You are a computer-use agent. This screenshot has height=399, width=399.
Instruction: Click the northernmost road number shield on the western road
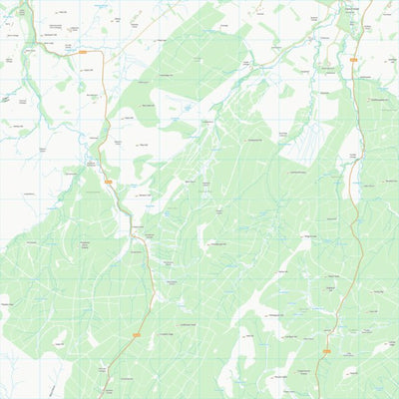point(83,52)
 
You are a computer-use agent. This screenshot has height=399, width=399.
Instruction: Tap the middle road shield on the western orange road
point(107,182)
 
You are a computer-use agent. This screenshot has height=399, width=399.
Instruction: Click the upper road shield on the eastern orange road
point(355,61)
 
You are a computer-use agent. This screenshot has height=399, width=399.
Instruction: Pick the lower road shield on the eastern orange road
point(326,350)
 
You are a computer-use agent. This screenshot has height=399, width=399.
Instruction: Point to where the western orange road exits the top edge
point(24,1)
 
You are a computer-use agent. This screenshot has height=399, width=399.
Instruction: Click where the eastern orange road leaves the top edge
point(372,1)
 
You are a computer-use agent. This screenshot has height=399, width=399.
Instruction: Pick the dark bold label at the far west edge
point(5,100)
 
